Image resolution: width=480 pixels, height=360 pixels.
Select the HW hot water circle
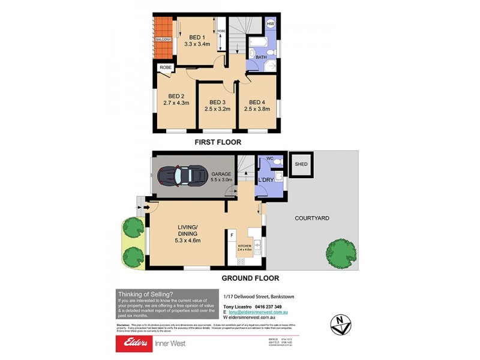[x=271, y=24]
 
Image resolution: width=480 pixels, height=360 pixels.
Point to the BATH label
[x=261, y=57]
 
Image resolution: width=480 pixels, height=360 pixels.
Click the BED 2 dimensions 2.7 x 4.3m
[x=176, y=103]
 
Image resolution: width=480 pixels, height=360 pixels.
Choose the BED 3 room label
[x=212, y=102]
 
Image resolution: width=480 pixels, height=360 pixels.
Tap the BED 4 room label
[x=257, y=102]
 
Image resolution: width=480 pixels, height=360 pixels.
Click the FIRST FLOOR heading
[x=217, y=142]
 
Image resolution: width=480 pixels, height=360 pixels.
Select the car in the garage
[x=182, y=176]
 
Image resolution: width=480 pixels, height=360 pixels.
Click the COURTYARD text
[x=311, y=218]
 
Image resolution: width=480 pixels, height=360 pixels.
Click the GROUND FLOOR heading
[x=250, y=278]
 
